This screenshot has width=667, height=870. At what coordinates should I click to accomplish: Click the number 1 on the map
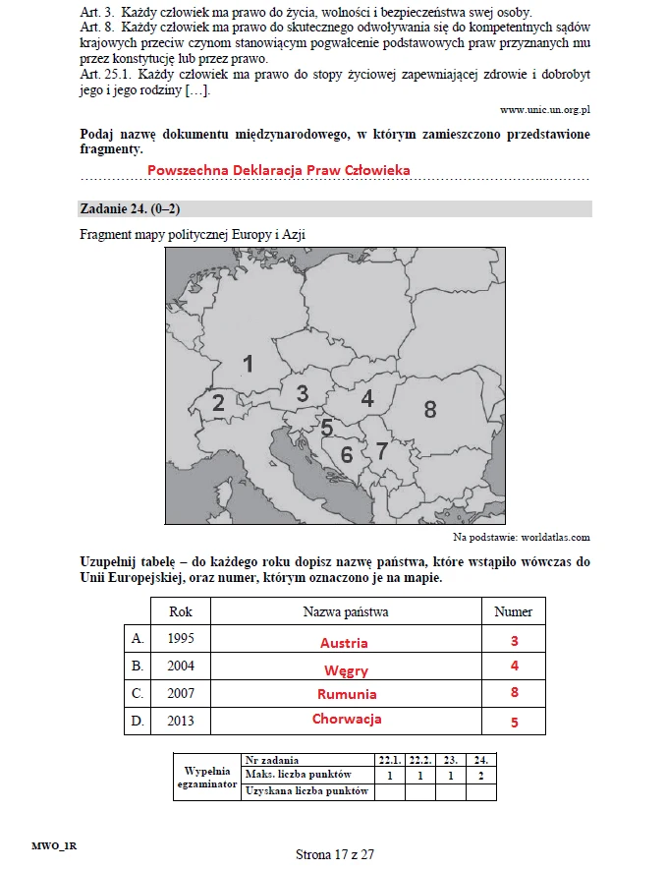tap(249, 364)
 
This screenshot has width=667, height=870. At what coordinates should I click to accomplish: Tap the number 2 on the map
tap(218, 402)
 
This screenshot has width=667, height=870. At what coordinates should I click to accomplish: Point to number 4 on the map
tap(367, 398)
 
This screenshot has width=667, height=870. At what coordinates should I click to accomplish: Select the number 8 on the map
tap(430, 409)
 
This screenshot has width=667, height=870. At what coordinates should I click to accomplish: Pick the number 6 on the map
tap(345, 455)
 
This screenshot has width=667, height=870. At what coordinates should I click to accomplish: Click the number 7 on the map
tap(382, 450)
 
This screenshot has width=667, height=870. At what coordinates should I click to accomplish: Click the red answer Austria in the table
tap(344, 643)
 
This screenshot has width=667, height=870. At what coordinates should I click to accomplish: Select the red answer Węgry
tap(346, 670)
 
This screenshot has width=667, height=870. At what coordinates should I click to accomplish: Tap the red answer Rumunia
tap(346, 694)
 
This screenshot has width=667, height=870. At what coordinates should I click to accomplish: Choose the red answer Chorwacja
tap(347, 719)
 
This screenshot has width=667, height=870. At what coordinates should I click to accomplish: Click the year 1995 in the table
tap(181, 638)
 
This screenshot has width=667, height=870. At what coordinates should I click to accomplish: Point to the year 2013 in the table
tap(181, 721)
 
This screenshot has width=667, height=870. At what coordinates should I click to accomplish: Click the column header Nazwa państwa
tap(346, 611)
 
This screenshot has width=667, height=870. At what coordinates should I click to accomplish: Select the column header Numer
tap(513, 611)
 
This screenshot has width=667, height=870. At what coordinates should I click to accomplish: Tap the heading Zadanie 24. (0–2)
tap(130, 208)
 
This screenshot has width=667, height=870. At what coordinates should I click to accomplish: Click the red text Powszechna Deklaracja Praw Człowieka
tap(278, 170)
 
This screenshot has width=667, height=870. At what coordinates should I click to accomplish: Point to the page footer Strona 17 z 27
tap(335, 853)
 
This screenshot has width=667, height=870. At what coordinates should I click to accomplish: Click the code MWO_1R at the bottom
tap(54, 844)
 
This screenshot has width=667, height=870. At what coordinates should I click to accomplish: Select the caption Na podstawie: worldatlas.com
tap(521, 538)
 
